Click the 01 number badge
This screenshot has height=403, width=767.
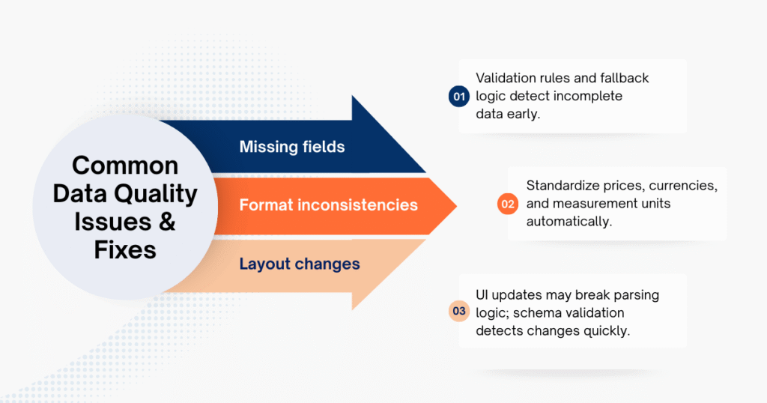click(x=459, y=97)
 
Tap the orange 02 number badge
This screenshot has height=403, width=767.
click(x=508, y=204)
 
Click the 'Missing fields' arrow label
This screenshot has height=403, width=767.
click(x=292, y=147)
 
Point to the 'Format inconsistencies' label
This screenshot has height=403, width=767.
click(x=328, y=204)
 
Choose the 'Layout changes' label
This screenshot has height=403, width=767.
click(x=300, y=264)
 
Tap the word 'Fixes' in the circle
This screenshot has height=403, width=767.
click(x=125, y=249)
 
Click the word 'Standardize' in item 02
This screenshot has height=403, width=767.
click(x=563, y=185)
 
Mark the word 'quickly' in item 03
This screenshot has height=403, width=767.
click(x=607, y=330)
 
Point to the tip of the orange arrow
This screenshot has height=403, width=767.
click(x=456, y=204)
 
